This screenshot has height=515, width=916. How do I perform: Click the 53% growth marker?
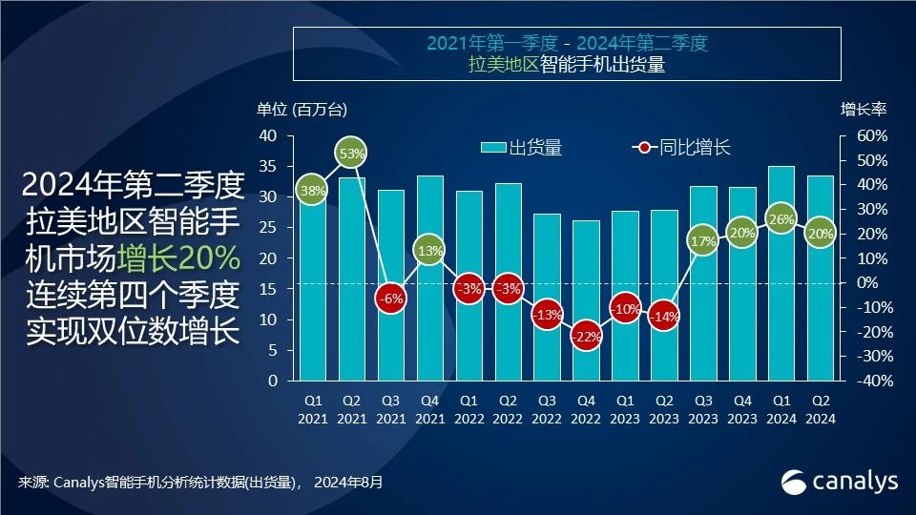(351, 153)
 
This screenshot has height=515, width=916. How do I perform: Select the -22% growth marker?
(586, 337)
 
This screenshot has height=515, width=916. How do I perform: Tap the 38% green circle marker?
(312, 191)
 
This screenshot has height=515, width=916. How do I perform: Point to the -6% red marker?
(390, 299)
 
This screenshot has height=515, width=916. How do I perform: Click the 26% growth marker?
(781, 219)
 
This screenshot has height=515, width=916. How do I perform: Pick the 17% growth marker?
(703, 241)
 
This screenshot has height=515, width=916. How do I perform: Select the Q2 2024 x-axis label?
(821, 410)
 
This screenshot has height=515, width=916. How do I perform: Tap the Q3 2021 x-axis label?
(390, 410)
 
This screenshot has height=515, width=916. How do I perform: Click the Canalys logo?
(840, 482)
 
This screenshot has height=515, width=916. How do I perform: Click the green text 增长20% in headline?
(178, 257)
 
